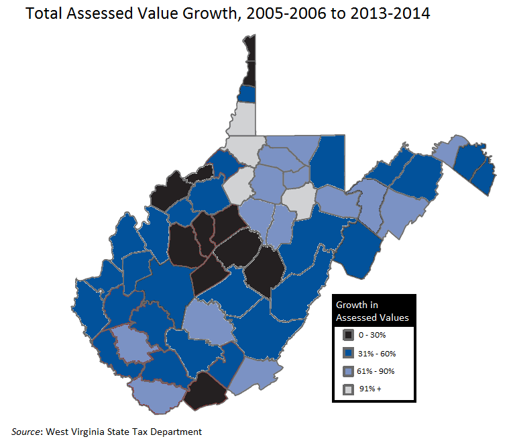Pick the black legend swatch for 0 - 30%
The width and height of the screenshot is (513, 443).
pyautogui.click(x=348, y=335)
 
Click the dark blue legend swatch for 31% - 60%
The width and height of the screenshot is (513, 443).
pyautogui.click(x=348, y=353)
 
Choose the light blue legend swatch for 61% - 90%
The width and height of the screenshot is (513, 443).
pyautogui.click(x=348, y=371)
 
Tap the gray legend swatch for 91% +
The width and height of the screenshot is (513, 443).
pyautogui.click(x=348, y=389)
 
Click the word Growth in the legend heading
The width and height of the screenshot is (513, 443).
pyautogui.click(x=351, y=305)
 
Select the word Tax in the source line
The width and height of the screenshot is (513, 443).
pyautogui.click(x=137, y=432)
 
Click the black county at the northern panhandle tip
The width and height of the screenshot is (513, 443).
pyautogui.click(x=249, y=60)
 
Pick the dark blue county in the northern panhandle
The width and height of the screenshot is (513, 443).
pyautogui.click(x=247, y=93)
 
